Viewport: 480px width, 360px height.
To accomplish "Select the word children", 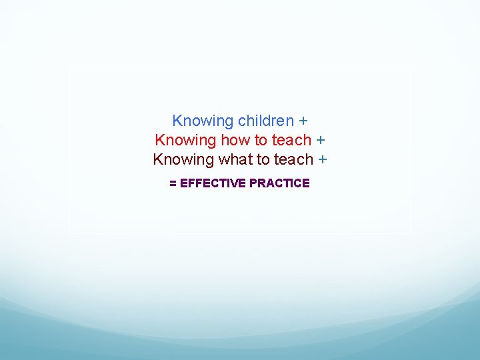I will coord(266,121).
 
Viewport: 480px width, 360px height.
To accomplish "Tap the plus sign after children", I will coord(303,121).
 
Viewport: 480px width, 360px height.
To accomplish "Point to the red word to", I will coord(261,140).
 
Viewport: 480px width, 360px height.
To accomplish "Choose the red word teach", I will coord(291,140).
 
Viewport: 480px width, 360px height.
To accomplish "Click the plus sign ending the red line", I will coord(321,141).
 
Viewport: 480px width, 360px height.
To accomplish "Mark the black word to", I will coord(262,159).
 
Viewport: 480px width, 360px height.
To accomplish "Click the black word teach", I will coord(293,159).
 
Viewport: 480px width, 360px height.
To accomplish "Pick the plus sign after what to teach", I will coord(323,160).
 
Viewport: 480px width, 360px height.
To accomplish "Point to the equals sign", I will coord(173,183).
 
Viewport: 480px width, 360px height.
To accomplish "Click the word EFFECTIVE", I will coord(213,183).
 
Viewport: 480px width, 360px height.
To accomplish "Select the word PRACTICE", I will coord(279,183).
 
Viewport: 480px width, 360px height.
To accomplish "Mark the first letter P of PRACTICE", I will coord(253,183).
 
